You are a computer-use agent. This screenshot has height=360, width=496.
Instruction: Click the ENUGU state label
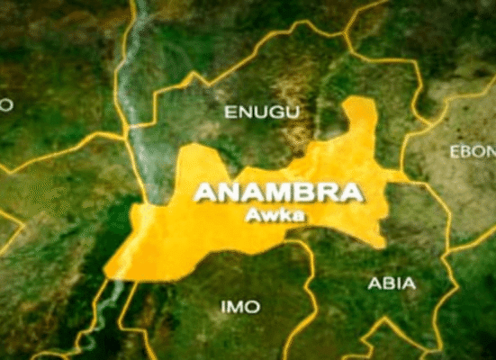[253, 112]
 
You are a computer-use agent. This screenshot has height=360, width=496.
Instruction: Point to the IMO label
[240, 307]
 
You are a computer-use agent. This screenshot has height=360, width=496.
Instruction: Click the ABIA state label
[392, 283]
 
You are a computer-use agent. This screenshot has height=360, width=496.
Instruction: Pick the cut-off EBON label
[472, 151]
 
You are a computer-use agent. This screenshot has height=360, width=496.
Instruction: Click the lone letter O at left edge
[5, 105]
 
